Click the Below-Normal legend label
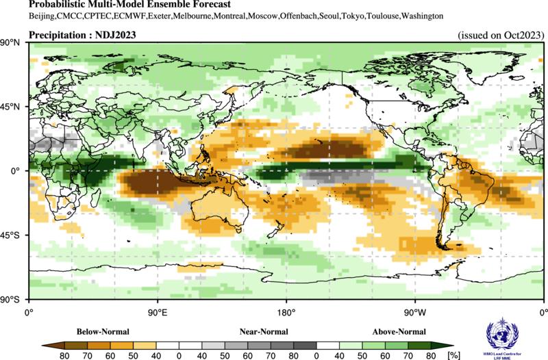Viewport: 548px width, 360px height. pos(102,332)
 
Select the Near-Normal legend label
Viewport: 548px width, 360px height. pos(263,332)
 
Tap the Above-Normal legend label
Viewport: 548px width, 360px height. pos(398,332)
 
